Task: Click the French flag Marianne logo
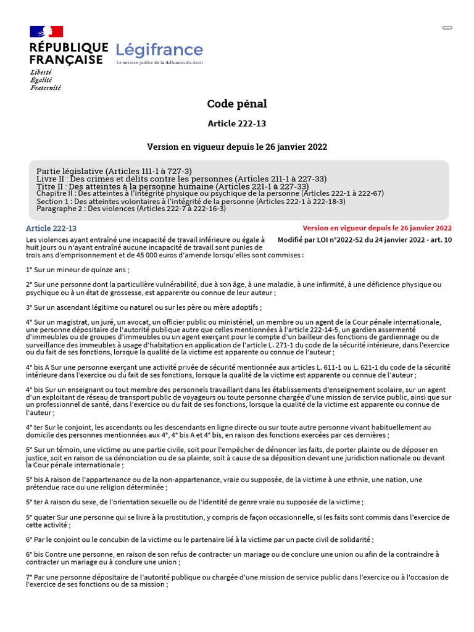46,31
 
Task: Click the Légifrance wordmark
159,50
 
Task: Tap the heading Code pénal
237,104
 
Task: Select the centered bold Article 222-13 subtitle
237,123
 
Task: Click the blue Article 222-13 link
51,228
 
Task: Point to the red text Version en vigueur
376,228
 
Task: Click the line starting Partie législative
114,171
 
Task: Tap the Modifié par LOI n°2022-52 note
364,239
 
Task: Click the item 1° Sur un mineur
78,270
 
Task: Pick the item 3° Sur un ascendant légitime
144,307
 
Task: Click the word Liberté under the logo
41,72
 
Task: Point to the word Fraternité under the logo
46,88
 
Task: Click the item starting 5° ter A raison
194,502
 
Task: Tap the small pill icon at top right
447,28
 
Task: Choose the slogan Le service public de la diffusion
160,63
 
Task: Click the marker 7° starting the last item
30,577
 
